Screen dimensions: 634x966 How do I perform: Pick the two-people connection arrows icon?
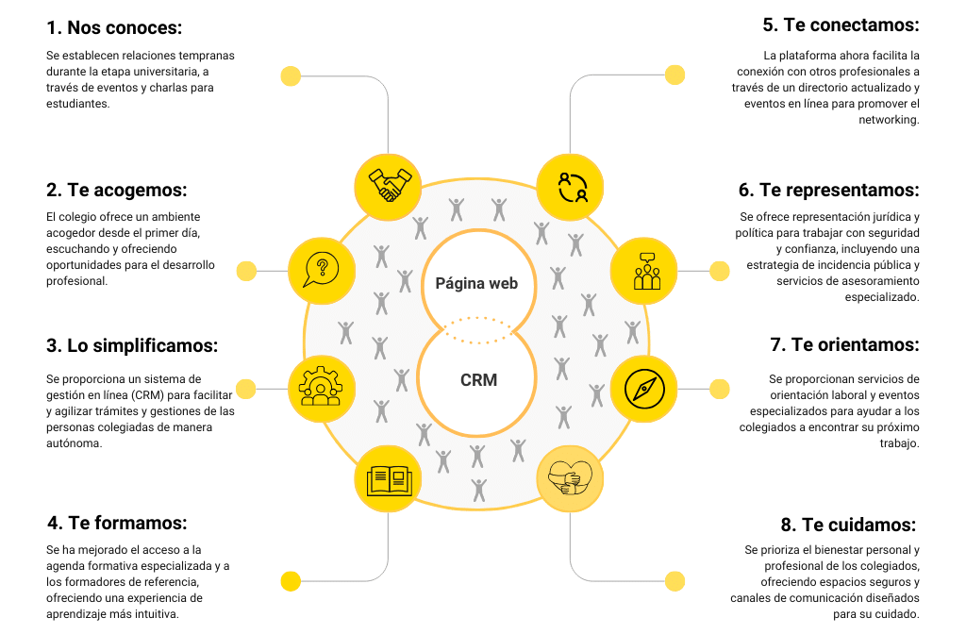[x=571, y=184]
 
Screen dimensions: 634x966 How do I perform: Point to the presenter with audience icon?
[x=645, y=270]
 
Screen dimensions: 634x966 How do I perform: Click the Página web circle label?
[x=476, y=283]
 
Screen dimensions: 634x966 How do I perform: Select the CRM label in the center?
[x=478, y=381]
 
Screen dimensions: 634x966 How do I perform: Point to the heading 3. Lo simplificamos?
[x=132, y=346]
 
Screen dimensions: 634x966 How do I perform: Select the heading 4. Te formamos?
[x=117, y=524]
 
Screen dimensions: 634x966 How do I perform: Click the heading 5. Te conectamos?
[x=841, y=25]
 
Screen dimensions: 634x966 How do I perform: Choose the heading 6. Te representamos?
[x=829, y=191]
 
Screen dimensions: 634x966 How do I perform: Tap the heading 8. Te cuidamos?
[x=849, y=524]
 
